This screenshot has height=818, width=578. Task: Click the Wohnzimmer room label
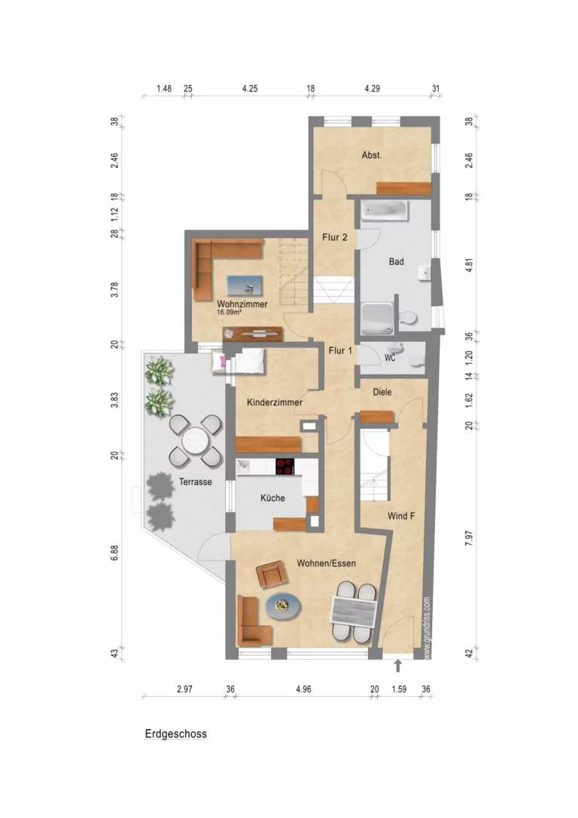242,304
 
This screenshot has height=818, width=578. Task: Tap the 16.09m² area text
229,313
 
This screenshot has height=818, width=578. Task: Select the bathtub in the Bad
385,210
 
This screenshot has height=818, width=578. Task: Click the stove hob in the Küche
285,466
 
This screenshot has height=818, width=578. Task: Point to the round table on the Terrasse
196,441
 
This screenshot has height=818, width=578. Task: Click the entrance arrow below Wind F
398,666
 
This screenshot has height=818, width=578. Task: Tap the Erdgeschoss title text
176,734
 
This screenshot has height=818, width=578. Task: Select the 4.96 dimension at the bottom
303,689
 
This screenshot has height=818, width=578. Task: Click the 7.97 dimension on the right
469,538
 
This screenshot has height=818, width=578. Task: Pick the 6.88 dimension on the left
114,553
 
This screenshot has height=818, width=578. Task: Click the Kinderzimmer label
275,402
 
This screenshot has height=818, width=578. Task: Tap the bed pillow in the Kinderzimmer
220,362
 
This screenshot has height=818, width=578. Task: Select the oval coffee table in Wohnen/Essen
283,606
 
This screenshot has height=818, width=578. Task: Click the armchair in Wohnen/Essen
272,575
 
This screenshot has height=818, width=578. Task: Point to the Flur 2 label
335,237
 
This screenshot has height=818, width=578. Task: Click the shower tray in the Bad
377,318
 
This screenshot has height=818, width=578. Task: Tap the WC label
390,358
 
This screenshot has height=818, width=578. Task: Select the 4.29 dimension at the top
372,89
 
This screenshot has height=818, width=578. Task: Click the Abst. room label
372,155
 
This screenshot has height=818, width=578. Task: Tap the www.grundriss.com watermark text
427,628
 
